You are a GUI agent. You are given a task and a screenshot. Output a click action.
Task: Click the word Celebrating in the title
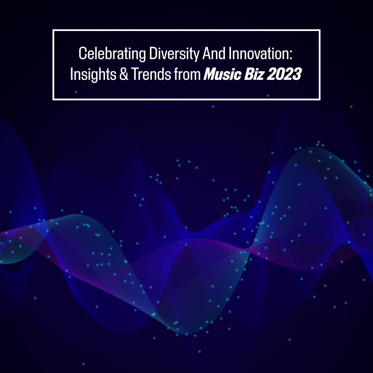coord(112,54)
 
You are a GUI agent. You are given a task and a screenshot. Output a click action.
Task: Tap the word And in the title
coord(214,53)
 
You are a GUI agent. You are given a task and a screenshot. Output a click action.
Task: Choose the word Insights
coord(93,75)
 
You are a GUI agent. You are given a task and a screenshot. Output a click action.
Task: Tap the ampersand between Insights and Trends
coord(124,74)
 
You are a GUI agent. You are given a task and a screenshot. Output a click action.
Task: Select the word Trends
coord(151,74)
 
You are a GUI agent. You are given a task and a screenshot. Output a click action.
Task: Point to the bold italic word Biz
coord(254,74)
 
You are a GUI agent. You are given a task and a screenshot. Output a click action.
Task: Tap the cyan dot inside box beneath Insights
coord(76,92)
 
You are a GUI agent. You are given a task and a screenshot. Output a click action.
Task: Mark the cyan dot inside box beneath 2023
coord(268,96)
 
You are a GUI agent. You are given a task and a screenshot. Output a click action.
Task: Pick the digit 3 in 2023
coord(297,74)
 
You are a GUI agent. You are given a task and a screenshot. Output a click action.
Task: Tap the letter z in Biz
coord(260,76)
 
